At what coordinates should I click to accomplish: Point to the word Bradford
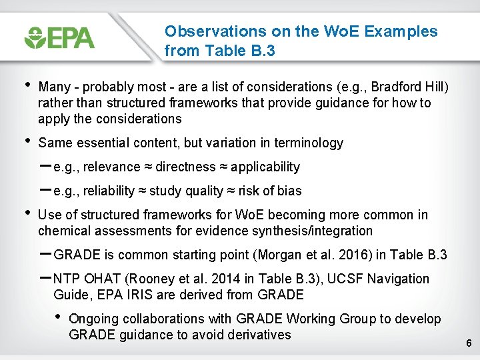tap(394, 87)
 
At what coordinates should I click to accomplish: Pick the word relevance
tap(113, 167)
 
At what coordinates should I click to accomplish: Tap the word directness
tap(187, 167)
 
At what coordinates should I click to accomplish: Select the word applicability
tap(265, 167)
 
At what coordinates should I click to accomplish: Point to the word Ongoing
tap(93, 319)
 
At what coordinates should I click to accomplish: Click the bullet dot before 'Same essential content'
tap(26, 141)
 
